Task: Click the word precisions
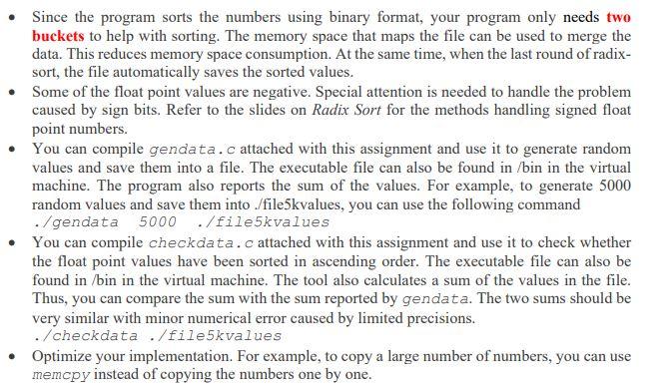point(466,317)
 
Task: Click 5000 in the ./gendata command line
point(158,221)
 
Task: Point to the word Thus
point(49,298)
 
